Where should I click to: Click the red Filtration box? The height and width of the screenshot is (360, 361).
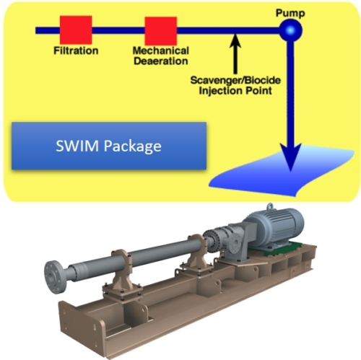click(x=76, y=30)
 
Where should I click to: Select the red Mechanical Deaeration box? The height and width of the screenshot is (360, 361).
click(x=161, y=31)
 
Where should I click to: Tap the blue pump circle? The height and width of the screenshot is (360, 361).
click(x=291, y=30)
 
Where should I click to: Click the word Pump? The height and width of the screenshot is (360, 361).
click(x=290, y=13)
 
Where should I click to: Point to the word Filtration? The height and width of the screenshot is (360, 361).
click(x=76, y=51)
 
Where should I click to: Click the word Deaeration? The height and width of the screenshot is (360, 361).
click(x=161, y=61)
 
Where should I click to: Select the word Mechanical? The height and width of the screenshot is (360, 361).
click(x=161, y=51)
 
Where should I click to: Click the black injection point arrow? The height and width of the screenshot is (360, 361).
click(x=235, y=53)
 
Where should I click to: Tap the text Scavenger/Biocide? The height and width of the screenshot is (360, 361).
click(x=235, y=80)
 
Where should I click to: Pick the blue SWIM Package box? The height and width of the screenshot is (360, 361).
click(x=109, y=146)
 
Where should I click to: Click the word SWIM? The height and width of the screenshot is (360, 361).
click(x=77, y=146)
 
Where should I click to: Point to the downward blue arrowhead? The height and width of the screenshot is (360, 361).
click(x=291, y=157)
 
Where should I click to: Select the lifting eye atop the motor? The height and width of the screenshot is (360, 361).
click(x=270, y=207)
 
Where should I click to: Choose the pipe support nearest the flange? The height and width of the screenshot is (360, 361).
click(x=122, y=274)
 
